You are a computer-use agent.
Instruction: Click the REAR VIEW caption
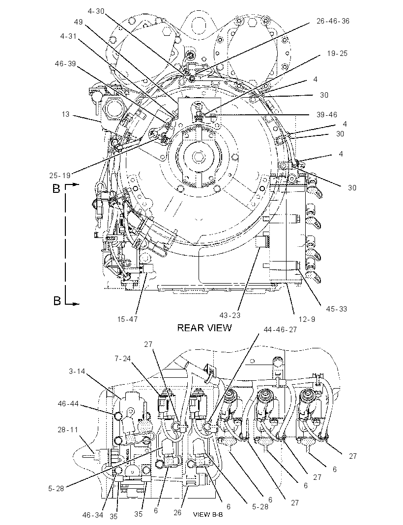tap(204, 327)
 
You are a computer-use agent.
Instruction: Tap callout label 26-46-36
tap(333, 21)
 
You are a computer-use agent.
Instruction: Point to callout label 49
tap(79, 22)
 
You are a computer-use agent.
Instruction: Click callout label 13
tap(66, 114)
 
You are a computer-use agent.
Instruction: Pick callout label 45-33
tap(336, 309)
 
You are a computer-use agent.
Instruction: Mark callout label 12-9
tap(307, 319)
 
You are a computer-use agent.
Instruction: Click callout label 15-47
tap(127, 319)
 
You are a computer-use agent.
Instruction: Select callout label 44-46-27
tap(280, 329)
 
